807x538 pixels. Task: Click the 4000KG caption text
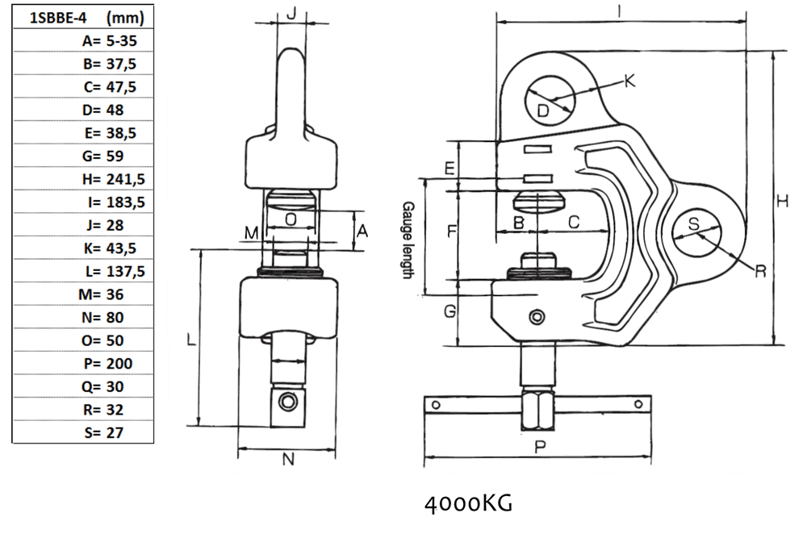pos(468,504)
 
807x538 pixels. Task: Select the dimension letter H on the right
pos(781,202)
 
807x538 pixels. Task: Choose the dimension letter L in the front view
pos(191,340)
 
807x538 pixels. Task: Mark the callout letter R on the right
pos(759,271)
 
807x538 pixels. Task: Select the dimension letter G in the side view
pos(451,311)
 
